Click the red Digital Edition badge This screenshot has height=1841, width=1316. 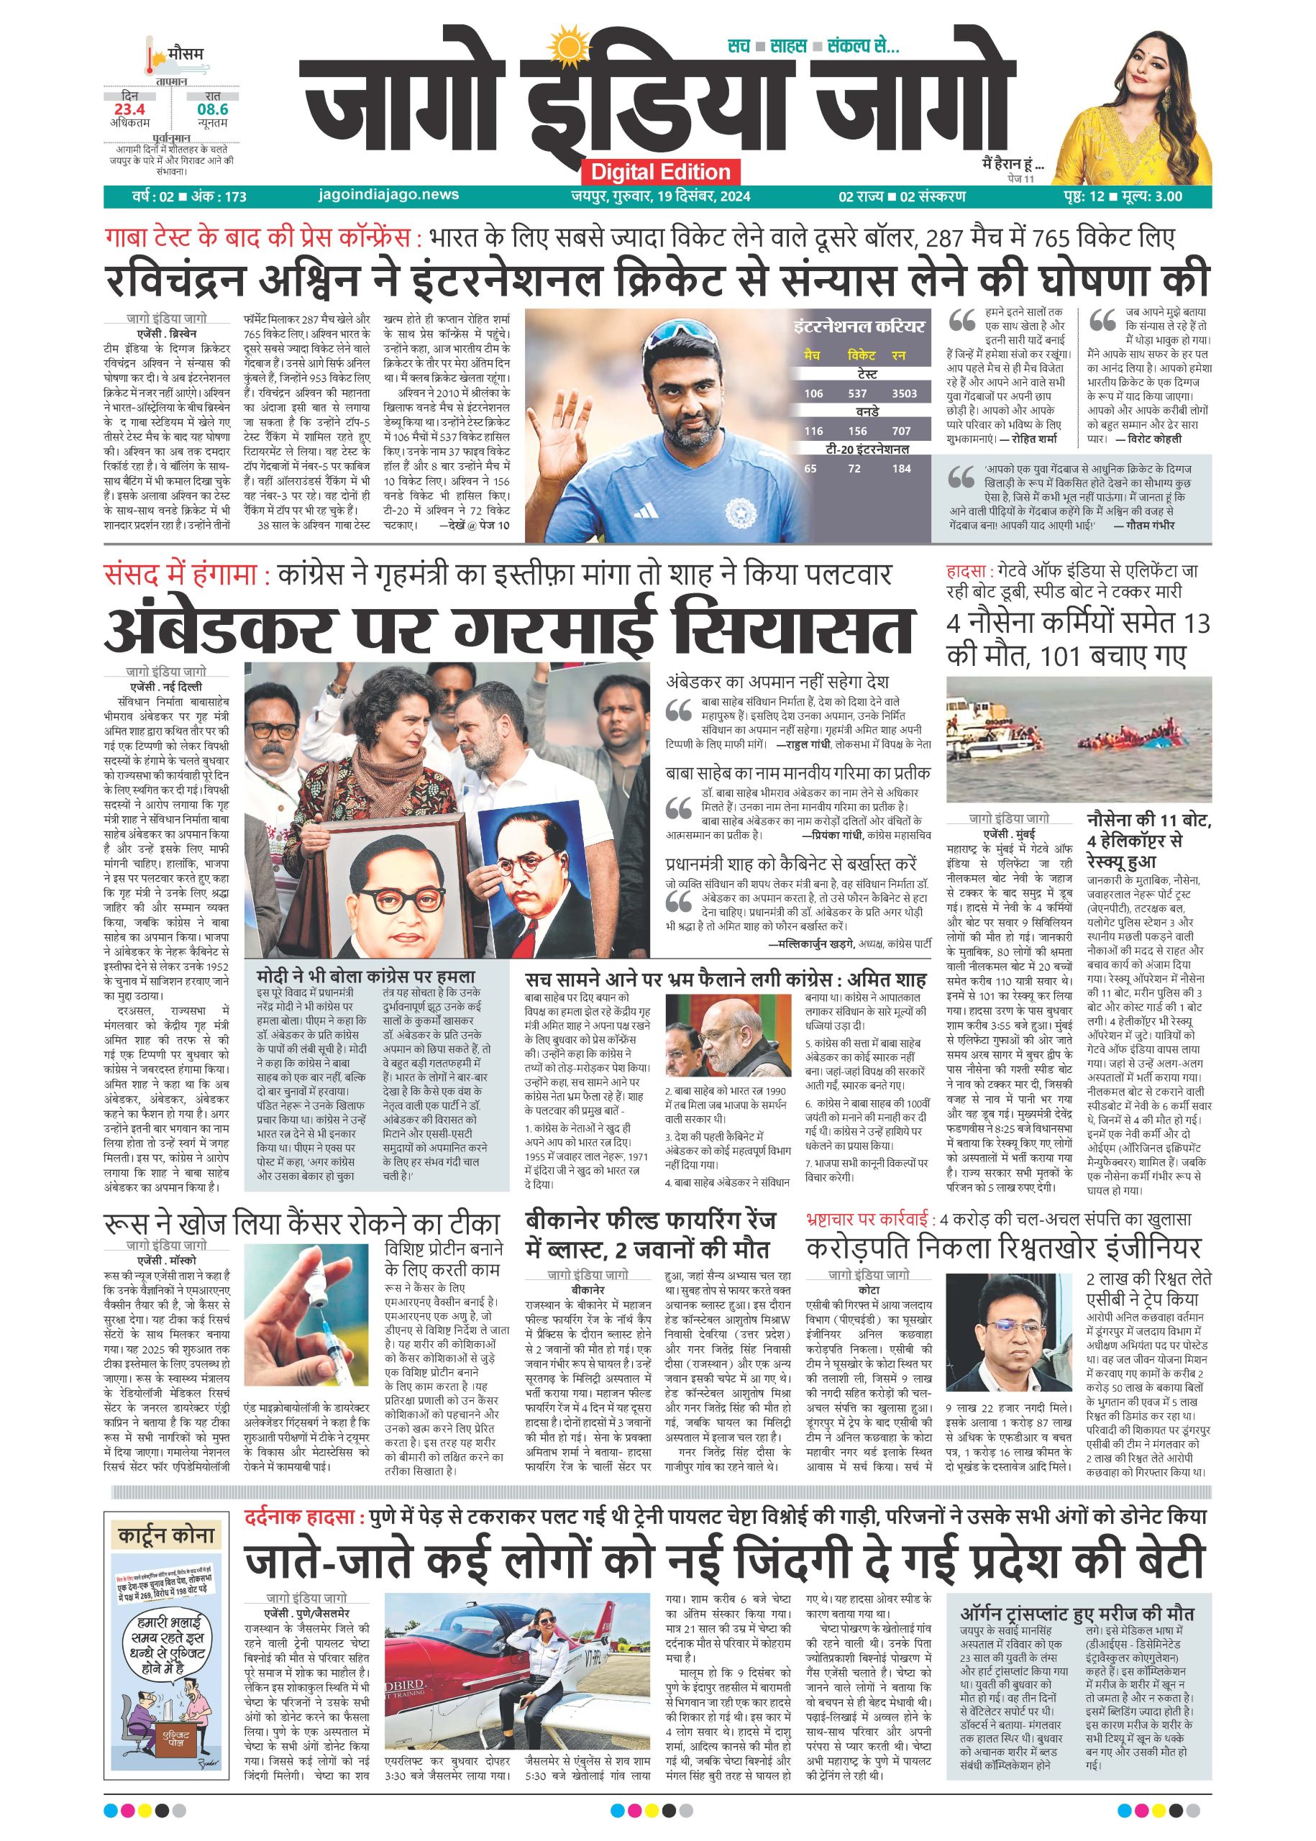pos(660,172)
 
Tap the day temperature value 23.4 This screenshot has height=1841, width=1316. pos(129,109)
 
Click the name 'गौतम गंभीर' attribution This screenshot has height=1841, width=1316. pos(1150,525)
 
